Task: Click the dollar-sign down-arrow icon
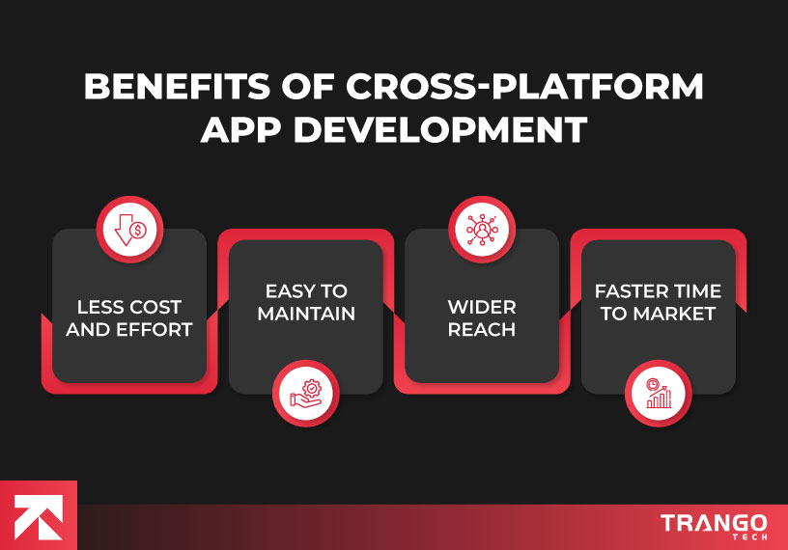(130, 232)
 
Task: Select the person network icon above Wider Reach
(482, 232)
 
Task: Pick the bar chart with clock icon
(659, 393)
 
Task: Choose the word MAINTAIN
(306, 314)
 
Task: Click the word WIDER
(482, 308)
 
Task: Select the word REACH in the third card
(482, 331)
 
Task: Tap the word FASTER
(624, 290)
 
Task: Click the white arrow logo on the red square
(39, 515)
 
